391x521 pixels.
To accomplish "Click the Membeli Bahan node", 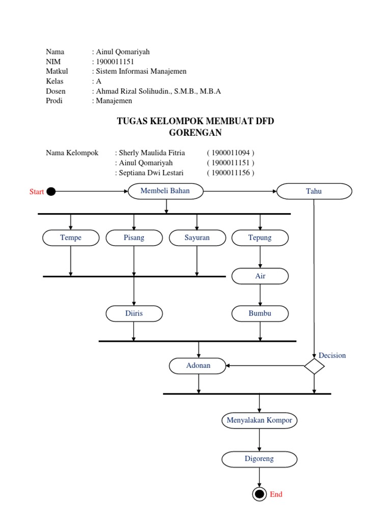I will (165, 191).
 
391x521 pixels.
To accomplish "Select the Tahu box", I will (314, 191).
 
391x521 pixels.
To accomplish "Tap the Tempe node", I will (71, 238).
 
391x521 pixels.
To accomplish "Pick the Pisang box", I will (134, 238).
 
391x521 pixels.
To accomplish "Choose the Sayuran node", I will (197, 238).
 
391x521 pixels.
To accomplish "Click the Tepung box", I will (260, 238).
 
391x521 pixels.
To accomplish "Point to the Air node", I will (260, 276).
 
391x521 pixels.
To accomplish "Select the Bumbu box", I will (260, 313).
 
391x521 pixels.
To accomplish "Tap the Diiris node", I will (134, 313).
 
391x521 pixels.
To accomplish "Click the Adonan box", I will (198, 366).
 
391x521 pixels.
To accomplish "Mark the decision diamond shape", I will (314, 366).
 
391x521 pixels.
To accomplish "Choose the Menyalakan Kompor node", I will (260, 421).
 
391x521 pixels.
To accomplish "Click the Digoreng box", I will (260, 459).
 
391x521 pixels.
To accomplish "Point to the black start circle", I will (50, 192).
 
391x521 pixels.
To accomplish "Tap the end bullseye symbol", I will (260, 494).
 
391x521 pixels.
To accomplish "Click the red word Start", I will (37, 192).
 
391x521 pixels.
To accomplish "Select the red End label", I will (276, 494).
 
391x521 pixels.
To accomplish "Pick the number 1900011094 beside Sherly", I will (231, 153).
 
